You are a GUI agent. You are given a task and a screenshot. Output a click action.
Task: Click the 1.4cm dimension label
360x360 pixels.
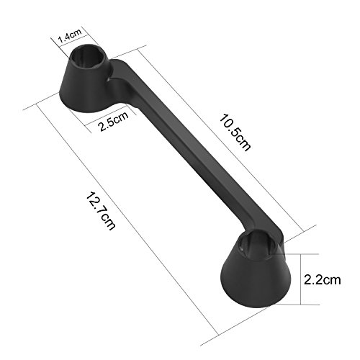click(71, 35)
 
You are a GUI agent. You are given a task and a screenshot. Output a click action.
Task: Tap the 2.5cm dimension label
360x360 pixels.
click(114, 122)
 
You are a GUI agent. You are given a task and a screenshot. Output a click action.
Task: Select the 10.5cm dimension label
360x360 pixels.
click(235, 132)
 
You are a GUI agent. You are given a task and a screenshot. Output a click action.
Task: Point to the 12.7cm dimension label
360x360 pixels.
click(101, 211)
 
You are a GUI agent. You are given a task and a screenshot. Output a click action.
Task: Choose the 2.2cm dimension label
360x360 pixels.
click(322, 279)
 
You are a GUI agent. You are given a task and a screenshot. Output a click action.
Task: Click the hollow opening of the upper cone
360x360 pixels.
click(88, 58)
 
